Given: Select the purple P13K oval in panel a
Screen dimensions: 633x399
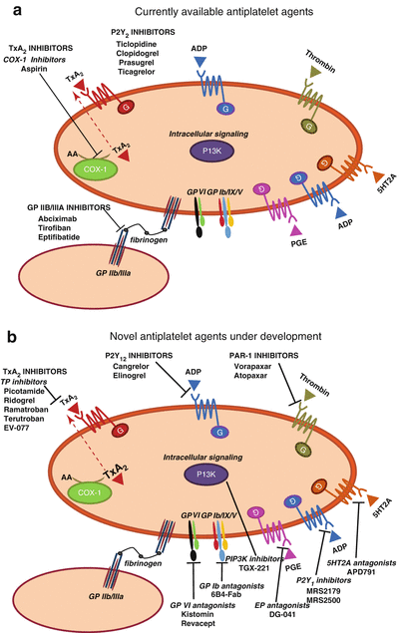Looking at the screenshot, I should (199, 150).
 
